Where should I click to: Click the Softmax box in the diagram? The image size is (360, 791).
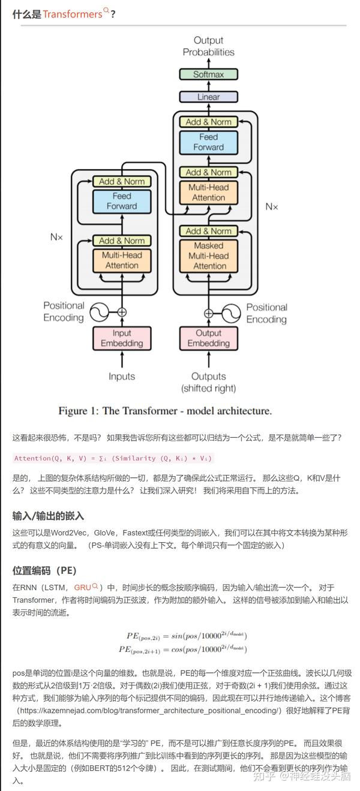pos(208,75)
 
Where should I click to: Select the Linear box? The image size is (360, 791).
pos(208,97)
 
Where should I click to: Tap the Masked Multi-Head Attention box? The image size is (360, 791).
pos(208,255)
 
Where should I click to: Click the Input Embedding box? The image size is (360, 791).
pos(122,338)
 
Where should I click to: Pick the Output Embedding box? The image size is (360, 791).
pos(208,338)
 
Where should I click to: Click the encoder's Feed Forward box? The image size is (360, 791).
pos(122,201)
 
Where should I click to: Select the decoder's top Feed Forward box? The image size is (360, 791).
pos(208,142)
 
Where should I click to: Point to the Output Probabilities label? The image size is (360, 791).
pos(208,46)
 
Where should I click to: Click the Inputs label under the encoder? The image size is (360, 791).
pos(122,377)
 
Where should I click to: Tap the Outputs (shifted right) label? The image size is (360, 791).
pos(208,382)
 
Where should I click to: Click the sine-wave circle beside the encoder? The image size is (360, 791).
pos(98,312)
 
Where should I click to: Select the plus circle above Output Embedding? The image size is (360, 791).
pos(208,312)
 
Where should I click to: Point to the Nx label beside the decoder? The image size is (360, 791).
pos(272,207)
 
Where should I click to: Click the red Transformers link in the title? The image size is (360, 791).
pos(73,14)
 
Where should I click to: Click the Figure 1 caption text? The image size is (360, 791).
pos(165,411)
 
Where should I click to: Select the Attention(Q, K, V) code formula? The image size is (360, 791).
pos(113,458)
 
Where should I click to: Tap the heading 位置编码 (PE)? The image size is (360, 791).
pos(44,570)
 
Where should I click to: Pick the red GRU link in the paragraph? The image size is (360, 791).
pos(83,587)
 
